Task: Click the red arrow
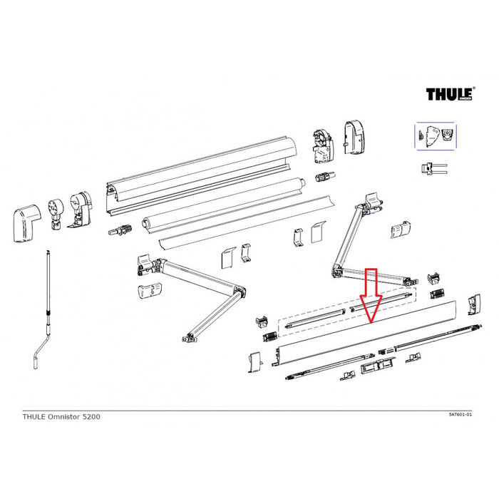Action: [371, 296]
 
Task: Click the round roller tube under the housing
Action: [221, 207]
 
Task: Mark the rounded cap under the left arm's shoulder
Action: [147, 294]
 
